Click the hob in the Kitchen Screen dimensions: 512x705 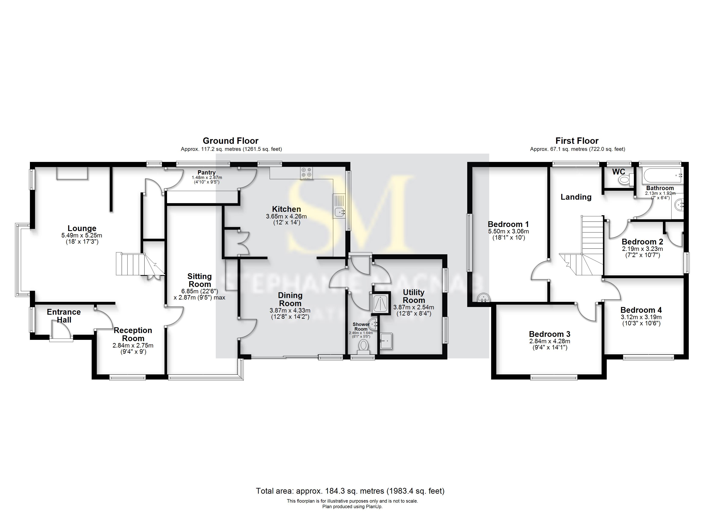tap(307, 173)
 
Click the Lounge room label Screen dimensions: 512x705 tap(82, 228)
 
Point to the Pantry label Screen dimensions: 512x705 tap(206, 173)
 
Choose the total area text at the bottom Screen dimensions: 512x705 tap(350, 491)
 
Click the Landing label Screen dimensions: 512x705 tap(576, 197)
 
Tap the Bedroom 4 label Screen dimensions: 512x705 tap(641, 310)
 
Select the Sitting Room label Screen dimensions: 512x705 tap(200, 280)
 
